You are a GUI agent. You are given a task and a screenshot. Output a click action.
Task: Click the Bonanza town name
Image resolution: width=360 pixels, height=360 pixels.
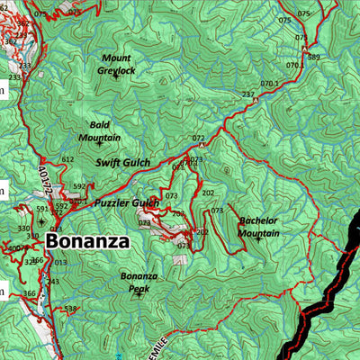(x=86, y=241)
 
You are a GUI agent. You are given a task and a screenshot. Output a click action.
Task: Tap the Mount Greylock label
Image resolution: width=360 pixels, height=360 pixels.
(x=115, y=63)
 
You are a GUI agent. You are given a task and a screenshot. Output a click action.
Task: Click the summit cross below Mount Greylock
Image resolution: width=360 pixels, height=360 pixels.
(x=115, y=78)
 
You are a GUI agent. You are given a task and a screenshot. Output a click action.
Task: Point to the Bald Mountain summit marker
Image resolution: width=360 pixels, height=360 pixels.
(x=99, y=144)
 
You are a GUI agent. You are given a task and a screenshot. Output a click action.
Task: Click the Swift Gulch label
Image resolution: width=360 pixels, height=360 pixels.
(x=123, y=163)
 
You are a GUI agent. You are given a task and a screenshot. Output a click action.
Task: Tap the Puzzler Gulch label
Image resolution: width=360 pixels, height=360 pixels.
(x=126, y=203)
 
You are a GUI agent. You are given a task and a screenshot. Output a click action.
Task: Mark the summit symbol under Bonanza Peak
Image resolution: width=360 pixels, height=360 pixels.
(x=138, y=295)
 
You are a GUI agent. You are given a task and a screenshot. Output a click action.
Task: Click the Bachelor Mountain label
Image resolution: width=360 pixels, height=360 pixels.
(x=258, y=226)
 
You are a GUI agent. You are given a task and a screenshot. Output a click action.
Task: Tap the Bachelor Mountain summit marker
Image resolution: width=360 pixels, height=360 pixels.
(x=259, y=239)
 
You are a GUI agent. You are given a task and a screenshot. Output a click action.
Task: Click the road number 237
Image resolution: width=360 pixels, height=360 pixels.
(x=248, y=94)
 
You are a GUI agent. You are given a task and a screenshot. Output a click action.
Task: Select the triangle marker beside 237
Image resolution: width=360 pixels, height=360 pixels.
(x=256, y=101)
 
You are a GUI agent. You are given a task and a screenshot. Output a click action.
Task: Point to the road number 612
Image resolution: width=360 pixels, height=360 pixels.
(x=67, y=159)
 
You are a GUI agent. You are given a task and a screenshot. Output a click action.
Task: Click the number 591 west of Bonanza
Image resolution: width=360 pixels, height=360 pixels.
(x=41, y=209)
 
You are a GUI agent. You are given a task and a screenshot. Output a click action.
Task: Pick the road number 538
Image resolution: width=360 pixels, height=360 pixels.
(x=71, y=309)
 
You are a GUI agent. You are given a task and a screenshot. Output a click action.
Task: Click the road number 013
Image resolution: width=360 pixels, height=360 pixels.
(x=60, y=263)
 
